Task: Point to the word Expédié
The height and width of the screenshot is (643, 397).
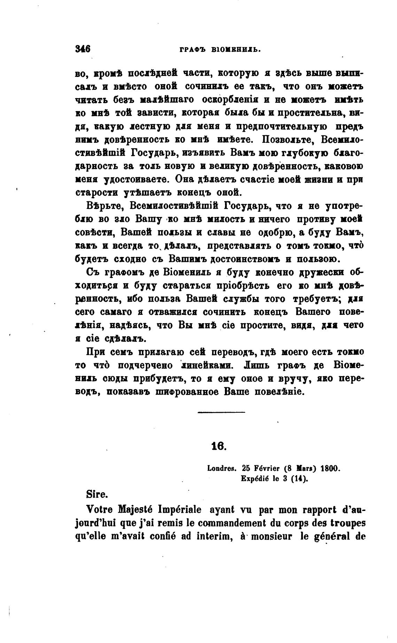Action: (257, 479)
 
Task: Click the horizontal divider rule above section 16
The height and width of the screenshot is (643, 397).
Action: (221, 413)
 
